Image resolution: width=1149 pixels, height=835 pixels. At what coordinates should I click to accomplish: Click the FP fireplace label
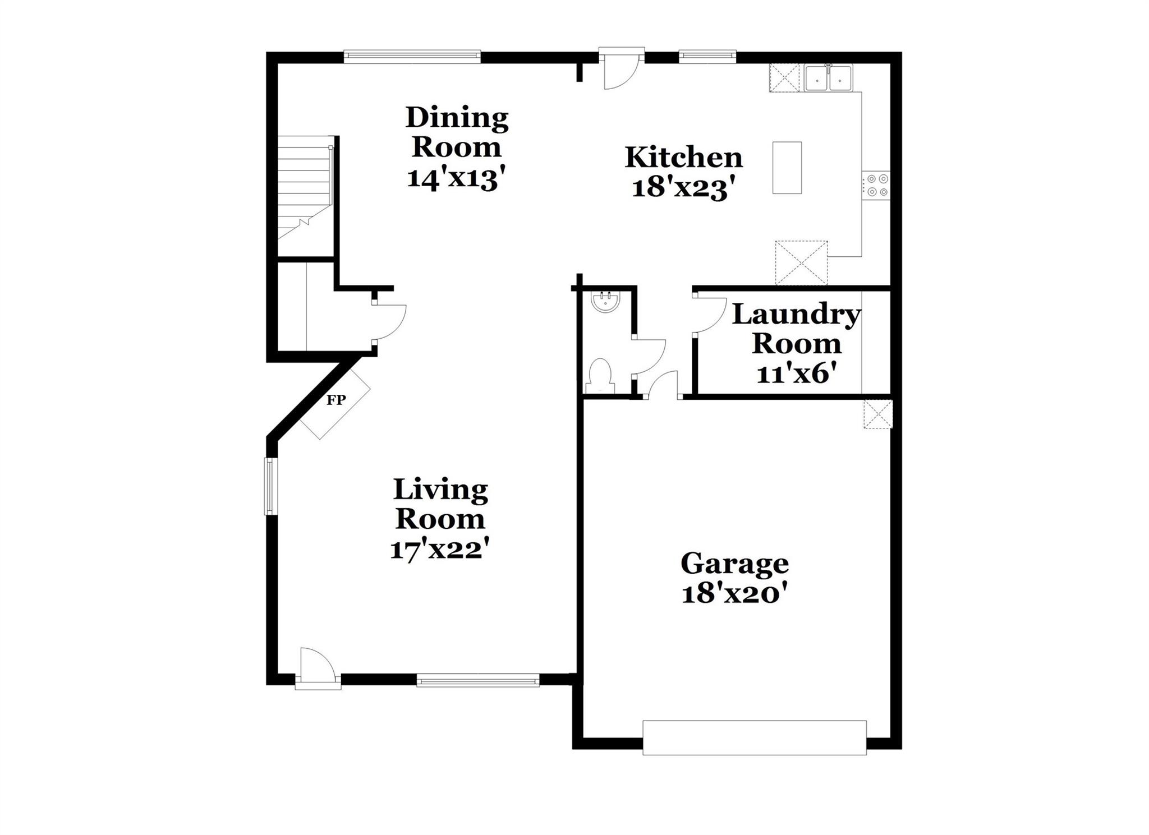336,400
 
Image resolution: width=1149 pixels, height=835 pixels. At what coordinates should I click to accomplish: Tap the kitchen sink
828,79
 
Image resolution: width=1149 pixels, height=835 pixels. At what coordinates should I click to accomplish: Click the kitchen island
787,168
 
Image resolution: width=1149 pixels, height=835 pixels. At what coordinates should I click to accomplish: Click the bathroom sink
605,302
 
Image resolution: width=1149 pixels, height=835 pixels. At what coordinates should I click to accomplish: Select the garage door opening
754,737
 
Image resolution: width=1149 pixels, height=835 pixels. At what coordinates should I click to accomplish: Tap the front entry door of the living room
318,667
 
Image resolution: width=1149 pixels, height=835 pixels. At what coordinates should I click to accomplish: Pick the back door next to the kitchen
621,70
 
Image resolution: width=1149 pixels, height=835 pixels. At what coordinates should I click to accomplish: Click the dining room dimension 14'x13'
452,178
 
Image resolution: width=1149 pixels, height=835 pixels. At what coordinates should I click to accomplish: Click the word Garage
734,563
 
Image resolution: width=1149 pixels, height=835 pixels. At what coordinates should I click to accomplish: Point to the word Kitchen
683,158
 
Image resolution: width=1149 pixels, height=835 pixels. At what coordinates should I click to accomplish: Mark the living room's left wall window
270,486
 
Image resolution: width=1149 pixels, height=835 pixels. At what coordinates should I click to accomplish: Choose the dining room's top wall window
412,56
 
